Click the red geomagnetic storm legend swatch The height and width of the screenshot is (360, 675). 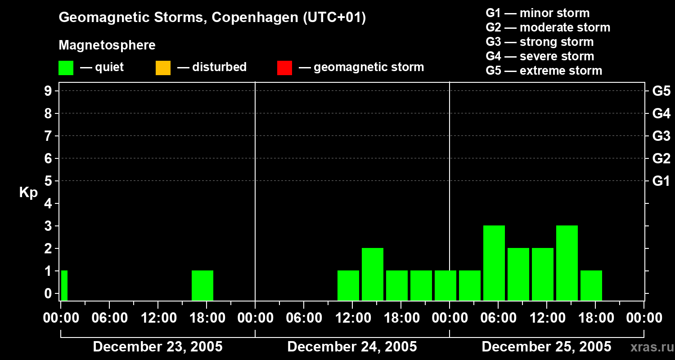pos(284,67)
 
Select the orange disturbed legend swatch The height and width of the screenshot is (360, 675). pos(163,67)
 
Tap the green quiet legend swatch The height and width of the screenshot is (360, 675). pos(66,67)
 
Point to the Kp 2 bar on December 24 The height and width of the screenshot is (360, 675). pos(373,274)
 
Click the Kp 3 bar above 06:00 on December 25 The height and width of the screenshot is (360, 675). pos(494,262)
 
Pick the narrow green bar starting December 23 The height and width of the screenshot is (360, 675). pos(64,285)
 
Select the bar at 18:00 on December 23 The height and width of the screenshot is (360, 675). pos(202,285)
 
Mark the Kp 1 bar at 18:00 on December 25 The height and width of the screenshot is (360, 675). pos(591,285)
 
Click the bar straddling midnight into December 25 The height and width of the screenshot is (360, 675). pos(445,285)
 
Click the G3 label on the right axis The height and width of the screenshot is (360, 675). pos(661,136)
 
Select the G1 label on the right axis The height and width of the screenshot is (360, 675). pos(661,181)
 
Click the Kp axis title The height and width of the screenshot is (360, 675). pos(28,193)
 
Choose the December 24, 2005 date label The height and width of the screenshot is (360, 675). pos(352,347)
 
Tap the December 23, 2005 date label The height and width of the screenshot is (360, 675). pos(157,347)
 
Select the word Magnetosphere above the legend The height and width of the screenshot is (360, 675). pos(107,45)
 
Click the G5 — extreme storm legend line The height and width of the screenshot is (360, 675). pos(544,71)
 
